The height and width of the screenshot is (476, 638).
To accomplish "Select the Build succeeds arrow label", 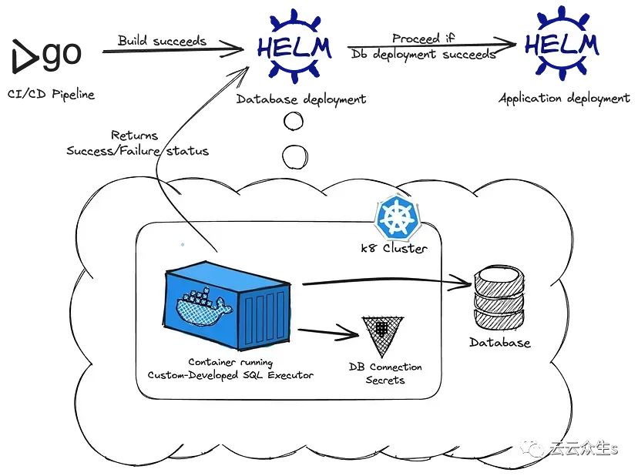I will tap(162, 40).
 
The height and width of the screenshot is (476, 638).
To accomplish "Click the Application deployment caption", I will tap(564, 99).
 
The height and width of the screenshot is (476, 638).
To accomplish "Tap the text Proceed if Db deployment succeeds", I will tap(423, 46).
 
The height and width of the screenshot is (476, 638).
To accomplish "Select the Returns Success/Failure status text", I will tap(137, 143).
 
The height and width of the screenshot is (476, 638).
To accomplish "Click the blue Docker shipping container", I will tap(230, 304).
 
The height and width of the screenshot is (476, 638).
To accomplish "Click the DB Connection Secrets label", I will tap(385, 373).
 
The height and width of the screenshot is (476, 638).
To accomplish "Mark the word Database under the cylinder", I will tap(501, 343).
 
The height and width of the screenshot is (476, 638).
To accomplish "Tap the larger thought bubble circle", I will tap(294, 156).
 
